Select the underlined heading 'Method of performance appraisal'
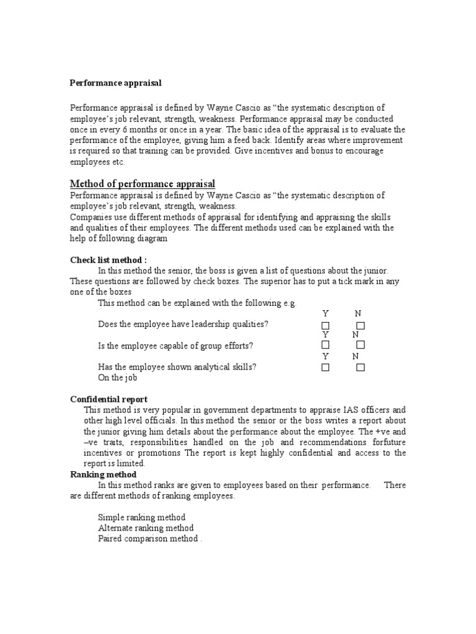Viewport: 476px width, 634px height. click(143, 184)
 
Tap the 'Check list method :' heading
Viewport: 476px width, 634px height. click(108, 260)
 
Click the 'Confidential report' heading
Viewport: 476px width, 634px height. click(108, 399)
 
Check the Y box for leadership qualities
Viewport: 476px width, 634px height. click(325, 326)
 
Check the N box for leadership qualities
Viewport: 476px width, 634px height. click(361, 326)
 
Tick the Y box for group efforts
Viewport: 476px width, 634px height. click(325, 345)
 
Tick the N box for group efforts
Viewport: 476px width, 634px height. click(361, 345)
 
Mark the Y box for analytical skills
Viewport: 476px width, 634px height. click(325, 367)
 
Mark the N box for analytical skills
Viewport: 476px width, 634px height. click(361, 367)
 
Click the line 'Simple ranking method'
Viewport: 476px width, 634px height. click(141, 517)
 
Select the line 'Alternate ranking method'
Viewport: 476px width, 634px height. click(146, 528)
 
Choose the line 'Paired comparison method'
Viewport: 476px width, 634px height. click(149, 539)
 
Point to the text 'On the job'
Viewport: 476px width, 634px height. click(117, 378)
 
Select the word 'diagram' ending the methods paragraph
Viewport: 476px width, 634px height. click(151, 238)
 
